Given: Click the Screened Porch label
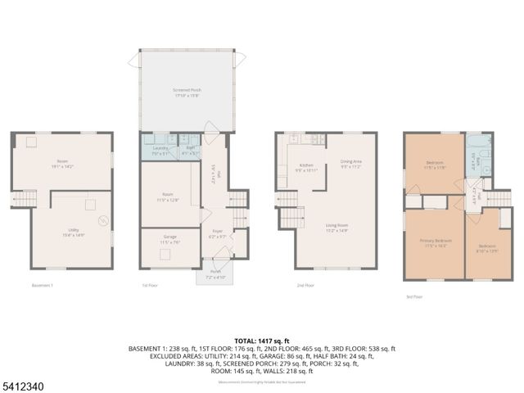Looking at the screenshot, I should [187, 92].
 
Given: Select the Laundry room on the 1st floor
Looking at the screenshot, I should [160, 149].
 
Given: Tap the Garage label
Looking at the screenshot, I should [169, 240].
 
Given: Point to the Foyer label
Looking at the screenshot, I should [217, 233].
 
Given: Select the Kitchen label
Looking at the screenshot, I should [306, 167].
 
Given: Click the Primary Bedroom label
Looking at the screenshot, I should [435, 242].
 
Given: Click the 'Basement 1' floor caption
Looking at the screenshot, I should [43, 285].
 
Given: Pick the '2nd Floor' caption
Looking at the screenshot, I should [305, 285].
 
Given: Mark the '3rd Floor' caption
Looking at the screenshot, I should [414, 297].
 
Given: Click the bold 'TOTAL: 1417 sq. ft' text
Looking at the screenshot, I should [262, 340].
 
